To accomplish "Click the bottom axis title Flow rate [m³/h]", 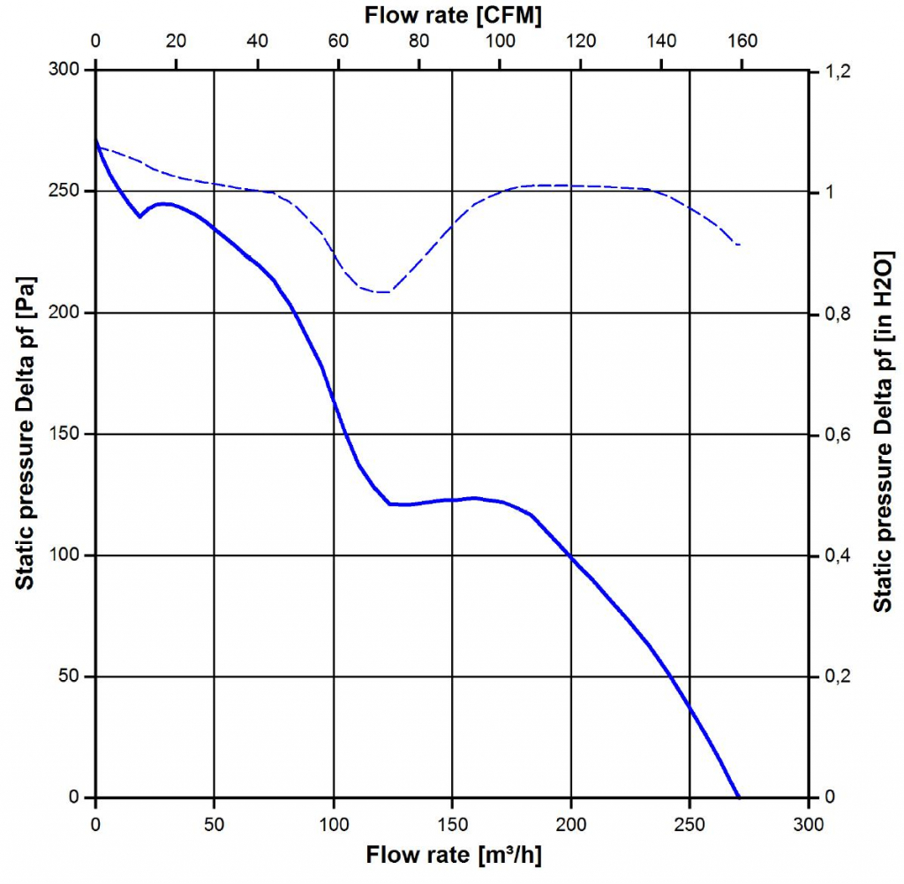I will pos(452,855).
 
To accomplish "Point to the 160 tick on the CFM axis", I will pos(742,41).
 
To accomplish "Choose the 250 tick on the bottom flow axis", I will pos(689,825).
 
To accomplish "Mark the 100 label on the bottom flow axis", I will pos(334,825).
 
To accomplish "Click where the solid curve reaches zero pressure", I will pos(738,797).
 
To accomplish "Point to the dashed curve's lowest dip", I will pos(381,291).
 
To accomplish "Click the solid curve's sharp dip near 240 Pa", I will pos(139,216).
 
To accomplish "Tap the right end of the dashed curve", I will pos(739,245).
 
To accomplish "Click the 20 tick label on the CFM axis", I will pos(177,41).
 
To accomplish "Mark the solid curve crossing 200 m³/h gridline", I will pos(571,556).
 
